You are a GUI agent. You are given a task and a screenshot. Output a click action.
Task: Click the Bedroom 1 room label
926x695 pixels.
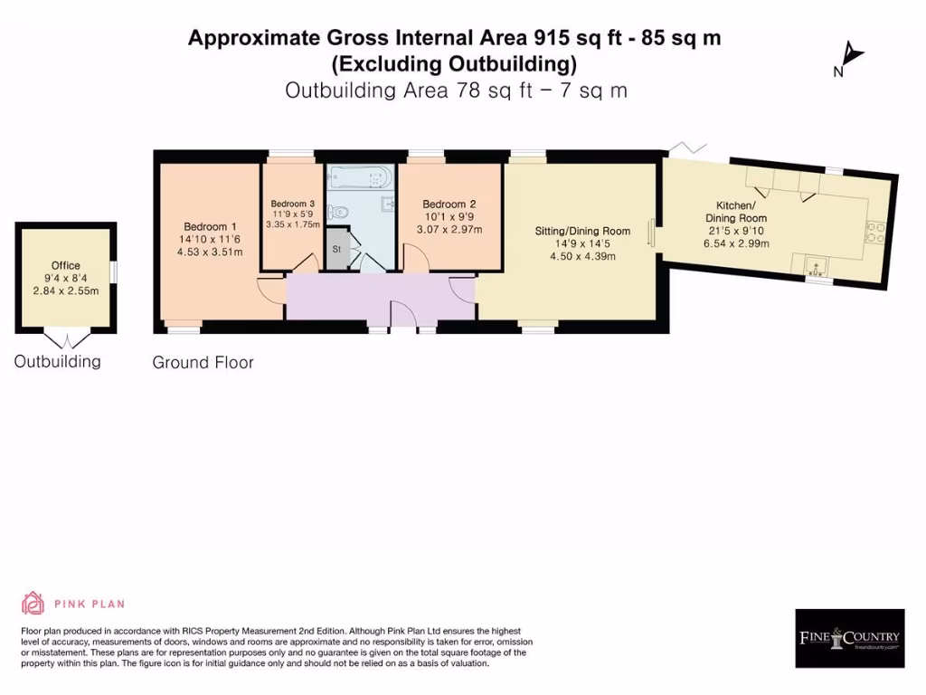(x=210, y=226)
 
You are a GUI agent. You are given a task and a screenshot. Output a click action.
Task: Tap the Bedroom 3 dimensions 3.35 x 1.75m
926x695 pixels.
(x=293, y=224)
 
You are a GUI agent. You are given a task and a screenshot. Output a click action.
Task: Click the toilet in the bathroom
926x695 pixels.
(x=338, y=213)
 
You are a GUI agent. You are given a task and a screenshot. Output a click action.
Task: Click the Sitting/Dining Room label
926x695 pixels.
(x=582, y=232)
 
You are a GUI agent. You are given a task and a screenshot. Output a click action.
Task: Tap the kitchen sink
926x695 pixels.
(x=817, y=267)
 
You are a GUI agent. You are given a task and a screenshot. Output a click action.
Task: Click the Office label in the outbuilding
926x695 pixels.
(x=65, y=265)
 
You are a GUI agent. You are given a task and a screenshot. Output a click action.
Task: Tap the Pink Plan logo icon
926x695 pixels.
(x=33, y=604)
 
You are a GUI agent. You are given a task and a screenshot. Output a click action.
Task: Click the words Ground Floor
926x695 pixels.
(x=203, y=363)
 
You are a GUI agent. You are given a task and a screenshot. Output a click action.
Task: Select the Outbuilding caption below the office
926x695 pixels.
(x=57, y=362)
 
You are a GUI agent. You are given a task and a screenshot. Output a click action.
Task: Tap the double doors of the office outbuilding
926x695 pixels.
(x=66, y=339)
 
